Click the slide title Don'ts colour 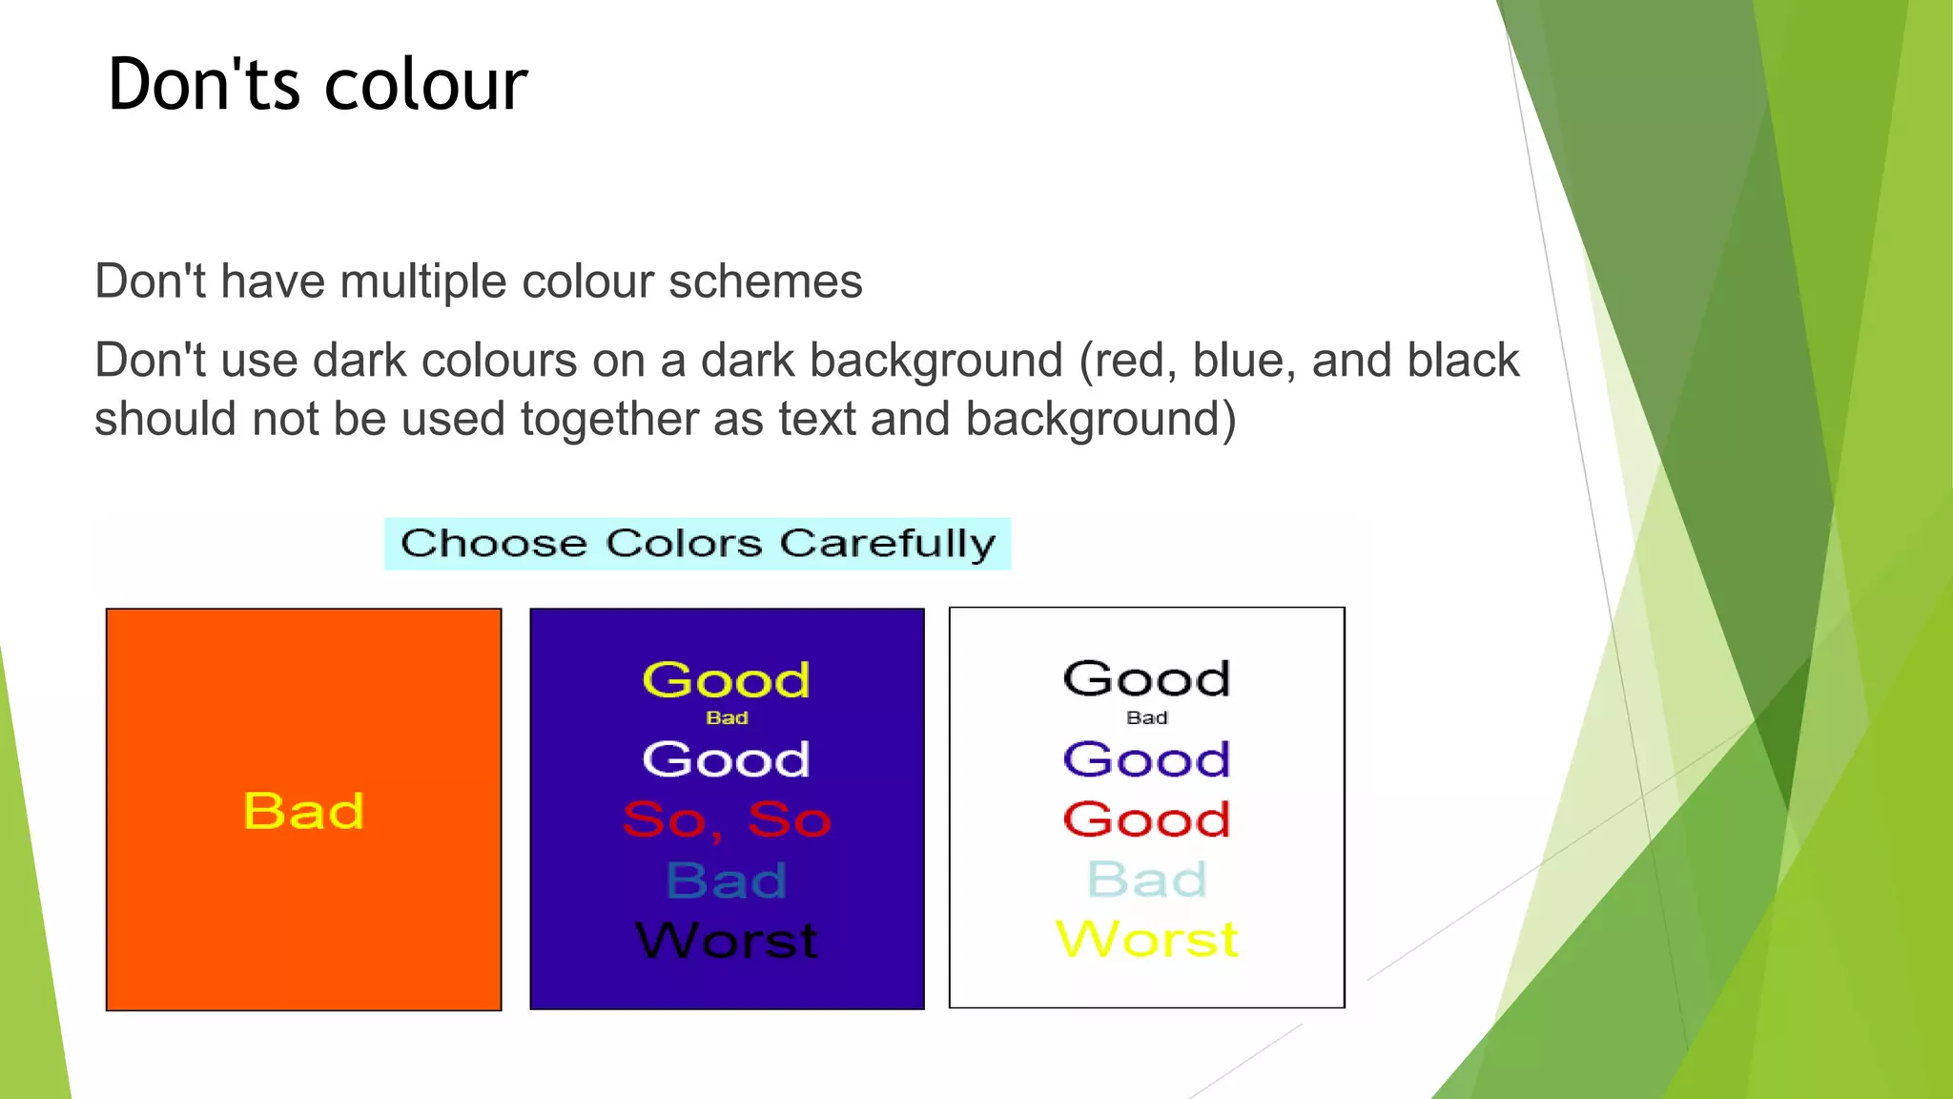tap(318, 85)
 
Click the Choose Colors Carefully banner tap(697, 544)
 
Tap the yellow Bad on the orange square tap(303, 812)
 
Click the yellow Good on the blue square tap(726, 681)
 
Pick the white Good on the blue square tap(726, 760)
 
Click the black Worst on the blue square tap(726, 941)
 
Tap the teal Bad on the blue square tap(726, 881)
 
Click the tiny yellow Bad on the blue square tap(727, 718)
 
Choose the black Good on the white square tap(1146, 679)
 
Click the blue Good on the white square tap(1146, 760)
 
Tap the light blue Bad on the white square tap(1146, 880)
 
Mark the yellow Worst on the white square tap(1146, 940)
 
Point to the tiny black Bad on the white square tap(1146, 718)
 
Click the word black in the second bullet tap(1462, 362)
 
